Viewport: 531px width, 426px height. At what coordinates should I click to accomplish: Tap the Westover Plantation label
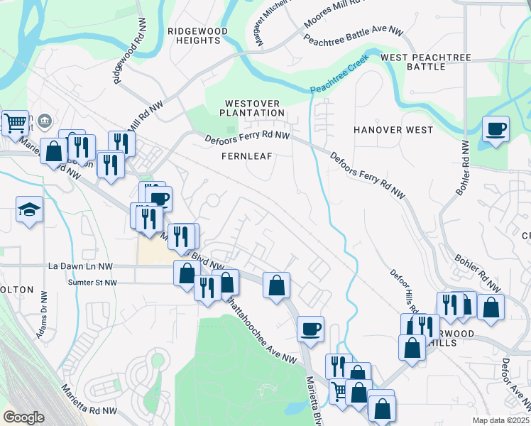tap(251, 108)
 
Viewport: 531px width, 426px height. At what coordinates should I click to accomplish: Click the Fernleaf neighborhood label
tap(246, 155)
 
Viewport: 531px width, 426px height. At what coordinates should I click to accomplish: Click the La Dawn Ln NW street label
tap(80, 266)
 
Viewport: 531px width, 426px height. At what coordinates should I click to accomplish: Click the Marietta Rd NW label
tap(89, 400)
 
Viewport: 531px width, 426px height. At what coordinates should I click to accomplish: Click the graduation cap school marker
tap(30, 209)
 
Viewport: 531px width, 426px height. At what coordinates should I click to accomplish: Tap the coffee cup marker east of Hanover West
tap(496, 129)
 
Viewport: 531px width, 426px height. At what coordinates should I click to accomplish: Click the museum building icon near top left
tap(45, 120)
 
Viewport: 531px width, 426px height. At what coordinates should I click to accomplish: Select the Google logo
tap(23, 417)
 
